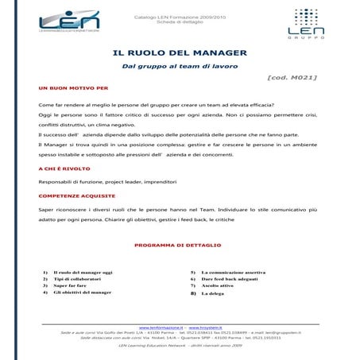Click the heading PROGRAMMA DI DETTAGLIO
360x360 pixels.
coord(178,245)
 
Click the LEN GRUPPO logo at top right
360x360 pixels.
coord(305,23)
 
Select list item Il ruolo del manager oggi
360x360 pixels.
coord(83,273)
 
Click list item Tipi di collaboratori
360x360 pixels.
coord(76,279)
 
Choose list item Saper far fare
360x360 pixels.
coord(72,286)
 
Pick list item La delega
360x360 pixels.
coord(213,293)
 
